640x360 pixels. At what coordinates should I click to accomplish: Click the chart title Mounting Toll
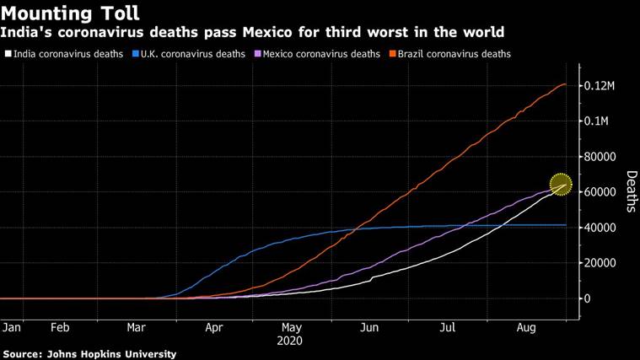(x=70, y=13)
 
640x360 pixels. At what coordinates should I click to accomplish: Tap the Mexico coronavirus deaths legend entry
(x=325, y=54)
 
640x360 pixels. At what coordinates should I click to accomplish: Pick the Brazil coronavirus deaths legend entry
(x=453, y=54)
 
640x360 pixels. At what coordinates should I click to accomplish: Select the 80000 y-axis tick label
(x=602, y=157)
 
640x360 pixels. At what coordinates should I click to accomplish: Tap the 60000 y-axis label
(x=602, y=192)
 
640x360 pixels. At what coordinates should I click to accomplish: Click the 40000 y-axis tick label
(x=602, y=228)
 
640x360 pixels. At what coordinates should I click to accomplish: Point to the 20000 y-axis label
(x=602, y=263)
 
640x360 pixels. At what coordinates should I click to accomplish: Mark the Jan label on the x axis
(x=12, y=327)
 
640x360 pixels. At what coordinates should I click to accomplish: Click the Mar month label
(x=137, y=327)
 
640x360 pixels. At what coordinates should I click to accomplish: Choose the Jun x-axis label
(x=368, y=327)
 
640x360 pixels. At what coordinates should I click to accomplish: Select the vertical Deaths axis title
(x=632, y=191)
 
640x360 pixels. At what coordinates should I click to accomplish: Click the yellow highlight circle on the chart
(x=561, y=184)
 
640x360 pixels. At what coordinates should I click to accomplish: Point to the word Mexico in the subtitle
(x=294, y=33)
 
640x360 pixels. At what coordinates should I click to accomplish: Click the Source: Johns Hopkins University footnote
(x=89, y=354)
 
